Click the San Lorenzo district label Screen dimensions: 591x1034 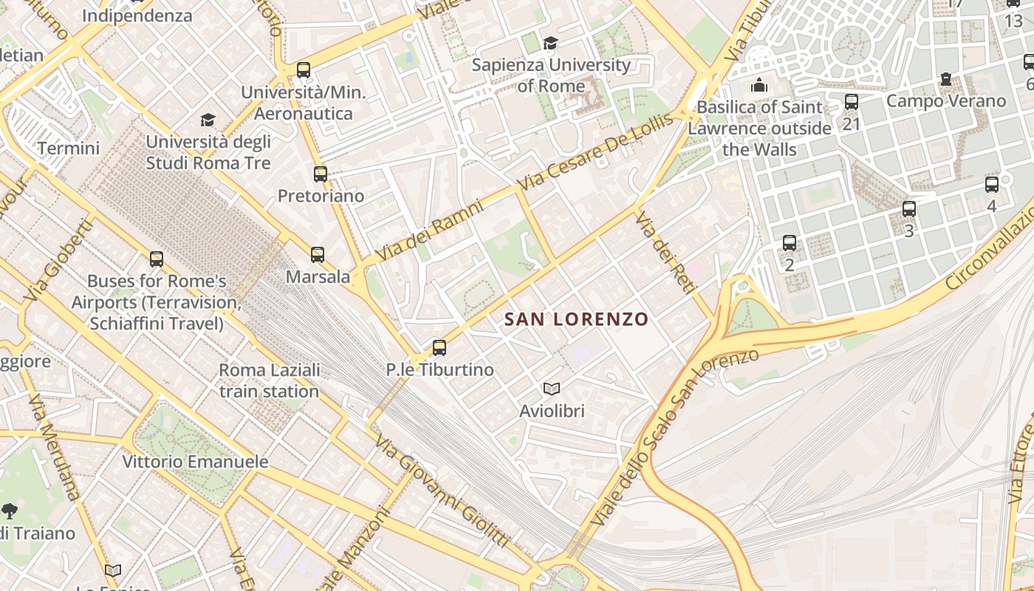click(576, 319)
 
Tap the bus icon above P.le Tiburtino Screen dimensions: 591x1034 click(439, 347)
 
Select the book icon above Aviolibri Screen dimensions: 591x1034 click(551, 389)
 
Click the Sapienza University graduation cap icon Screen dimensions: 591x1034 click(550, 44)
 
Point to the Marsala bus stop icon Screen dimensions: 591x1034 click(318, 255)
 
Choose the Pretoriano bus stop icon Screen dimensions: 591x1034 click(320, 174)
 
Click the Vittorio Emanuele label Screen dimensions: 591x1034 click(195, 462)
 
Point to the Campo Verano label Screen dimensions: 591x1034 click(946, 101)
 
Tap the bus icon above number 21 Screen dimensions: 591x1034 click(852, 102)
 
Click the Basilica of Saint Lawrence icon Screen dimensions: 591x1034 click(759, 86)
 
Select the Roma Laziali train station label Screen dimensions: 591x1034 click(270, 380)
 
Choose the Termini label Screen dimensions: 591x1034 click(68, 148)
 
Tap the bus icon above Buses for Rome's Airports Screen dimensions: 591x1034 click(157, 259)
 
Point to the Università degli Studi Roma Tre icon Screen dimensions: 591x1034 click(208, 120)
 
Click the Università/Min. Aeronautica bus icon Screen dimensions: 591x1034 click(303, 70)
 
